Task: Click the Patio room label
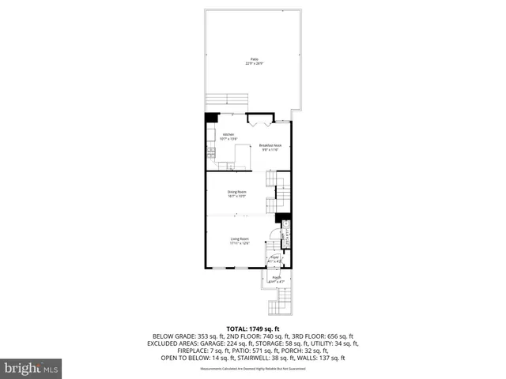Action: pos(254,61)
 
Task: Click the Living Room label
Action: pos(240,241)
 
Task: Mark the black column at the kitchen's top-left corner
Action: pos(210,118)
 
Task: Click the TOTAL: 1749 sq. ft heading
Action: pos(253,328)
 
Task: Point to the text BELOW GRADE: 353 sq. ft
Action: pos(183,336)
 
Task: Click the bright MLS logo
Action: pos(32,367)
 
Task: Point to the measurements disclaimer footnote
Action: pos(253,369)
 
